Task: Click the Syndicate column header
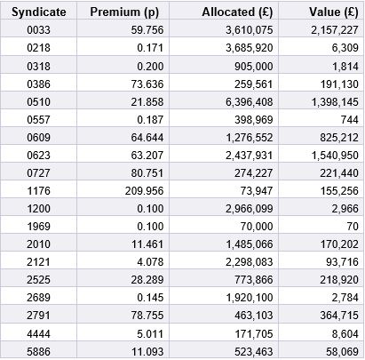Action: [x=39, y=12]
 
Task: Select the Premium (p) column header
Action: [x=124, y=12]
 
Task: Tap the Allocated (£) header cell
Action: [x=237, y=12]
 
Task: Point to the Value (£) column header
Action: [x=334, y=12]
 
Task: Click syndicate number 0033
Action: [x=38, y=30]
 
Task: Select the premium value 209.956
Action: [x=144, y=191]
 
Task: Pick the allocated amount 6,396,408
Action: [x=250, y=102]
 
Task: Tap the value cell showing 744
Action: [x=349, y=120]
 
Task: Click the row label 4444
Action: [x=38, y=334]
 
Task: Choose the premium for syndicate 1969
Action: [x=150, y=227]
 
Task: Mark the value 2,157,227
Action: [x=335, y=30]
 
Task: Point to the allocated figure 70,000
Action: [x=257, y=227]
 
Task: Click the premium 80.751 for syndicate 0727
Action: [x=147, y=173]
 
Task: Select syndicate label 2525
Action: [x=38, y=280]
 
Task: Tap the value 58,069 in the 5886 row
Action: [x=342, y=352]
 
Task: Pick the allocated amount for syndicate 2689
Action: [x=250, y=298]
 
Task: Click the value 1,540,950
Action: [x=335, y=156]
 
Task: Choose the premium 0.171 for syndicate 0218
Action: [x=150, y=48]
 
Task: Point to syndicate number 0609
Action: [x=38, y=138]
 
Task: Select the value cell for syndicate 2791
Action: [x=339, y=316]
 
